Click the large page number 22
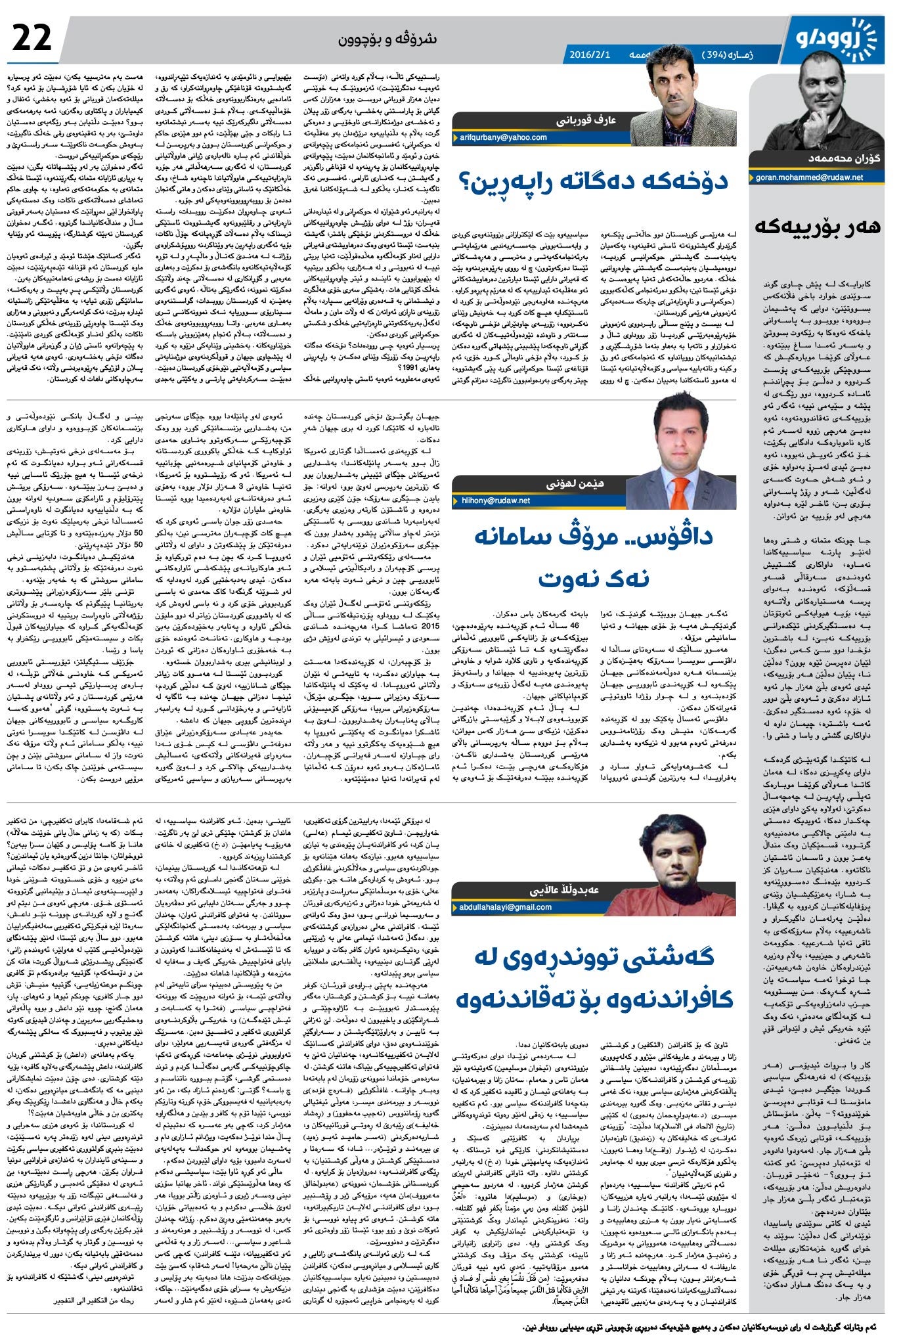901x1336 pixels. click(x=32, y=37)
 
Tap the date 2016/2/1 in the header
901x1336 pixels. click(x=590, y=55)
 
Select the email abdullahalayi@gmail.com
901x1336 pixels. click(x=506, y=907)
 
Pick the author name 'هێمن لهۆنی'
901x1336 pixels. click(x=575, y=484)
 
